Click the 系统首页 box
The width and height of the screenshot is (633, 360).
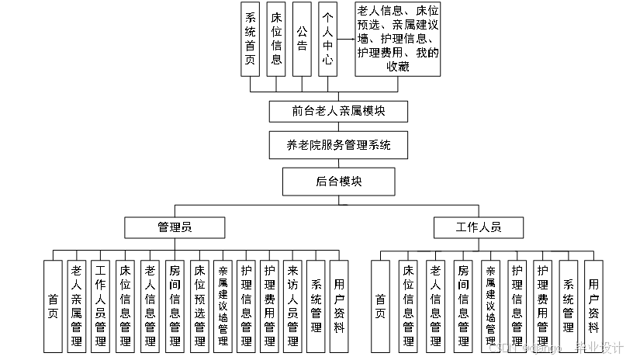(251, 39)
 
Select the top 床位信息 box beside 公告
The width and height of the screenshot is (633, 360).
(276, 39)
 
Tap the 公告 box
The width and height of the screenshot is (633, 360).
(302, 39)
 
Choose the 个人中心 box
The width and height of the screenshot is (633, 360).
(327, 39)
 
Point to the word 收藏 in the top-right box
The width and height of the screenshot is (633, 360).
(397, 67)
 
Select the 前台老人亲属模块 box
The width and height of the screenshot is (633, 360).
(338, 111)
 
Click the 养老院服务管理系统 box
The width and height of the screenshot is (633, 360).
(338, 145)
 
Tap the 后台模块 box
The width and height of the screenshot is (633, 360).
(338, 182)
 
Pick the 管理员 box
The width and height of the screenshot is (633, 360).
(175, 227)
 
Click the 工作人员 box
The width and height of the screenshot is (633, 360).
(479, 227)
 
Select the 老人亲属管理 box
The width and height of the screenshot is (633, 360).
(77, 306)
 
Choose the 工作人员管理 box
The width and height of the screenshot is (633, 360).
(100, 306)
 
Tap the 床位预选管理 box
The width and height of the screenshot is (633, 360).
(199, 306)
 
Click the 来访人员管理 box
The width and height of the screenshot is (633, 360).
(292, 306)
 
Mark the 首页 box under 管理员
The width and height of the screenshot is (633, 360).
(53, 306)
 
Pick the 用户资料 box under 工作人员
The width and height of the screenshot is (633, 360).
(593, 306)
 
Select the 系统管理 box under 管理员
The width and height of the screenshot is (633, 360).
(316, 306)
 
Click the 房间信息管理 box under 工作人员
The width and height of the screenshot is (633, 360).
(463, 306)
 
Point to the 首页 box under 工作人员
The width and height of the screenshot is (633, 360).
(380, 306)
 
